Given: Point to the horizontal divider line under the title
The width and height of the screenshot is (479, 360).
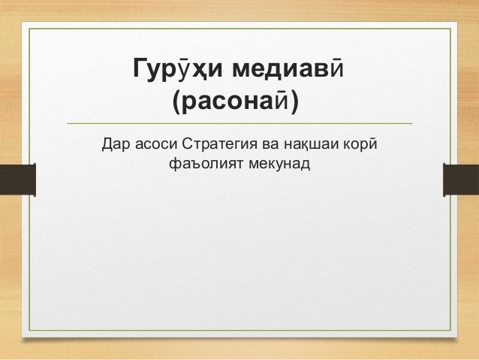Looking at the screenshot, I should (x=239, y=123).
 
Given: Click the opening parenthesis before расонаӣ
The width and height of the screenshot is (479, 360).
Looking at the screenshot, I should (x=177, y=102).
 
